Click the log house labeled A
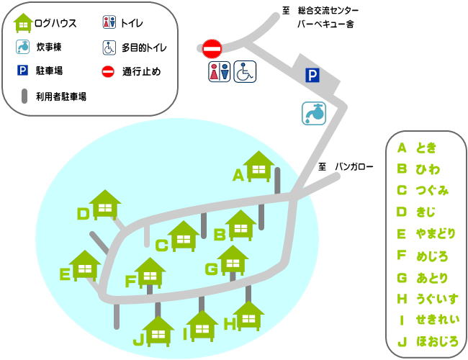click(x=257, y=167)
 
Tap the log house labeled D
click(x=105, y=206)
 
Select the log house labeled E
click(x=86, y=266)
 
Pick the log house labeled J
click(x=158, y=332)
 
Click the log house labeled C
click(x=184, y=236)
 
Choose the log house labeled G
click(x=232, y=261)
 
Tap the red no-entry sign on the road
click(x=212, y=48)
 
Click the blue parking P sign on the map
click(x=312, y=73)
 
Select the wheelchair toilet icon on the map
click(x=246, y=71)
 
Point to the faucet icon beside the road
click(x=314, y=113)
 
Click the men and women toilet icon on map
click(x=220, y=71)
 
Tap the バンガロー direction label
click(x=354, y=167)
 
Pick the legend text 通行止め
click(x=142, y=71)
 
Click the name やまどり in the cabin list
click(x=436, y=233)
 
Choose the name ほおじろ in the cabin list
click(x=437, y=341)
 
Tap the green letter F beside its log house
click(x=130, y=281)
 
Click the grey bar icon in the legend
click(x=24, y=96)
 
